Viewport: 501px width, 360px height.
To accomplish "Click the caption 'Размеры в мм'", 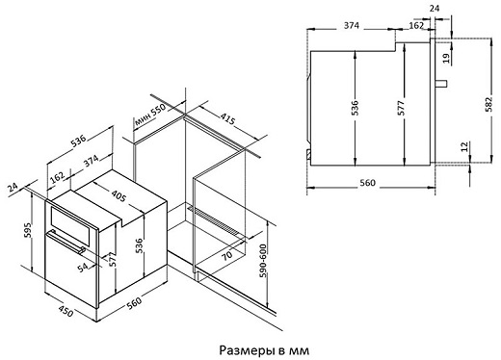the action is (x=264, y=350).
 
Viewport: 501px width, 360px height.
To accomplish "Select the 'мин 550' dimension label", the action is (x=150, y=115).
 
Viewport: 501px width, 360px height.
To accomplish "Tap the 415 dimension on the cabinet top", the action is (x=227, y=119).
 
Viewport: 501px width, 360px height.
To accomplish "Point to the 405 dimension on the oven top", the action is (x=119, y=195).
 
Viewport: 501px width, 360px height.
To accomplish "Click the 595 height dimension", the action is (x=28, y=230).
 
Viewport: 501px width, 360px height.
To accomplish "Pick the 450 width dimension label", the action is (x=66, y=311).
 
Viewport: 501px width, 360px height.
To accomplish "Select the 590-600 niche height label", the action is (x=262, y=261).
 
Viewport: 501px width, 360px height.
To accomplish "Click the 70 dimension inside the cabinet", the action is (x=226, y=255).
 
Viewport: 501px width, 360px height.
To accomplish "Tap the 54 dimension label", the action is (x=83, y=267).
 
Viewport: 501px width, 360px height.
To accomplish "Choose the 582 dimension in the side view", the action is (x=488, y=104).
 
